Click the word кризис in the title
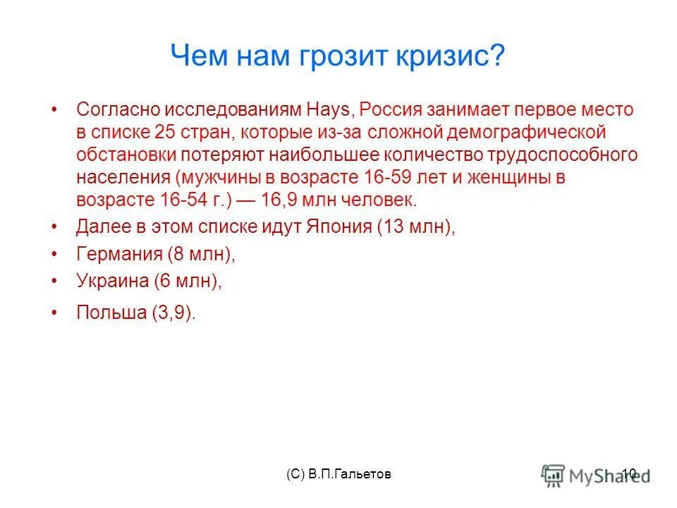tap(451, 56)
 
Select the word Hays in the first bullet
tap(331, 110)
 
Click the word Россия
tap(391, 110)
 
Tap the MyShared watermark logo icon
tap(553, 474)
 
